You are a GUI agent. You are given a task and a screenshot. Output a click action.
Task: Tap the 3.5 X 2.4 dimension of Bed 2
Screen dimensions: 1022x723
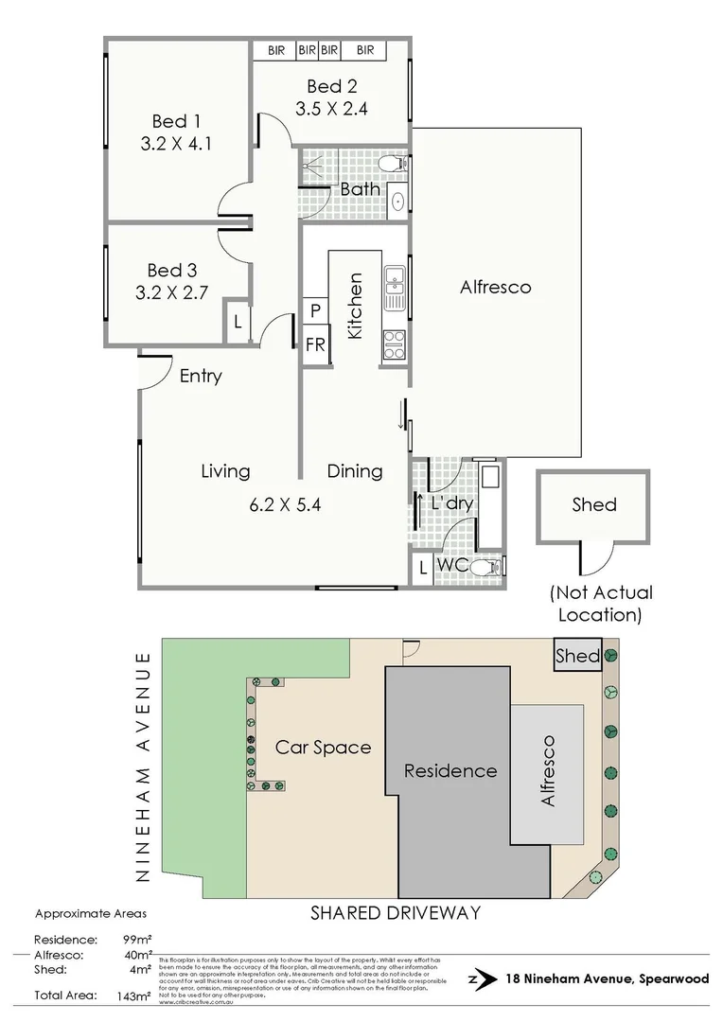330,108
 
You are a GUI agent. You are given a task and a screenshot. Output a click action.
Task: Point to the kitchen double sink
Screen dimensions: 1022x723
394,288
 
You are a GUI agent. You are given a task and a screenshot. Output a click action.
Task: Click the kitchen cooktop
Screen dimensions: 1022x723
394,343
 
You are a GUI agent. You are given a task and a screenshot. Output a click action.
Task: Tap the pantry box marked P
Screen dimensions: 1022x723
314,310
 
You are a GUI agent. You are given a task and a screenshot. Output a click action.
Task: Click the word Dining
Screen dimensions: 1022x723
355,471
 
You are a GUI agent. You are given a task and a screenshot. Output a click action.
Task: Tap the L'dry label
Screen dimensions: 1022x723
450,503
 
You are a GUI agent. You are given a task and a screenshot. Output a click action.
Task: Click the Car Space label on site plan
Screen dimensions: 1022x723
323,748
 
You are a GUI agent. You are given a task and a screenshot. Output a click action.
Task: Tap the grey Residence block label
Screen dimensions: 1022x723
450,770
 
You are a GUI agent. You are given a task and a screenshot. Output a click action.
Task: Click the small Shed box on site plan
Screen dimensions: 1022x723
576,656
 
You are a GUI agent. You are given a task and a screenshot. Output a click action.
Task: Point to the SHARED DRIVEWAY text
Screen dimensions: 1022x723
396,913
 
